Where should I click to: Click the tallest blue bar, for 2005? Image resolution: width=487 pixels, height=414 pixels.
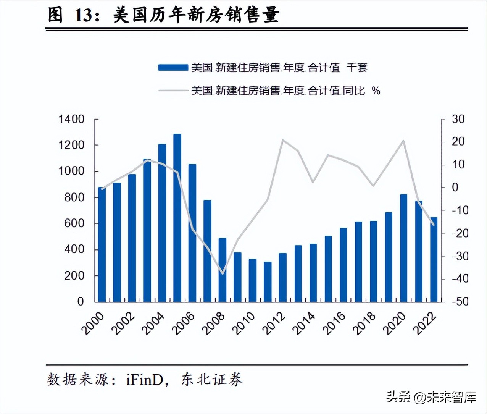tap(177, 218)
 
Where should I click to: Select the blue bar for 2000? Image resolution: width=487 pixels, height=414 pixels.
tap(102, 244)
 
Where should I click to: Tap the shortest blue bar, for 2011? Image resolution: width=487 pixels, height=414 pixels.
tap(268, 282)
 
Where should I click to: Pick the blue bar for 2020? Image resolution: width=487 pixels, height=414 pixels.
tap(403, 248)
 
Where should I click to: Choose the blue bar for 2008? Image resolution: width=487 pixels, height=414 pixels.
tap(222, 270)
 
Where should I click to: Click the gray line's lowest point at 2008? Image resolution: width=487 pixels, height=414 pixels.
tap(223, 273)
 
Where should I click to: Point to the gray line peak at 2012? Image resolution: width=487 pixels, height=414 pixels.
tap(282, 140)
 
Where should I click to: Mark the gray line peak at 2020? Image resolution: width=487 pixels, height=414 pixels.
tap(403, 141)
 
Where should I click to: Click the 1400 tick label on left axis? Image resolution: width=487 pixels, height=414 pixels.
tap(71, 119)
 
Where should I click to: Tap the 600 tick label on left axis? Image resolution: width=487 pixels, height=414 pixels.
tap(74, 223)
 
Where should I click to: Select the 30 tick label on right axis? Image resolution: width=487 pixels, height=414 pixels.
tap(458, 119)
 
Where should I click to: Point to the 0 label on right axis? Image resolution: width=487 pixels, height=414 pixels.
tap(455, 187)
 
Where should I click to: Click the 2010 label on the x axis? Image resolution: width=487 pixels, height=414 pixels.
tap(243, 323)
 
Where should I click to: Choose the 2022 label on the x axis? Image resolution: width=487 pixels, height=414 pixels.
tap(425, 323)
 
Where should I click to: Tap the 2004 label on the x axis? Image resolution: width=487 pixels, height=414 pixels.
tap(153, 323)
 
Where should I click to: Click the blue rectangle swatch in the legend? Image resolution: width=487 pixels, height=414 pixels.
tap(173, 68)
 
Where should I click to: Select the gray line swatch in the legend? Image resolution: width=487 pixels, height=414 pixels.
tap(173, 91)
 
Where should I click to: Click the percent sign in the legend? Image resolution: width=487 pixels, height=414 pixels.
tap(376, 91)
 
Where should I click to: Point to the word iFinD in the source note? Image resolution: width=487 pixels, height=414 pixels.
tap(145, 380)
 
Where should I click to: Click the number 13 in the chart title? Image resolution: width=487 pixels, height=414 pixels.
tap(84, 15)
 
